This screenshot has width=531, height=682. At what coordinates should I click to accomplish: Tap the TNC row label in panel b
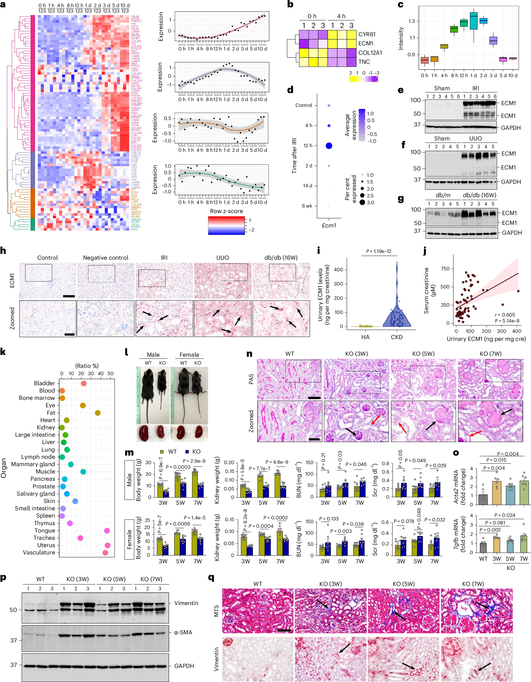coord(364,62)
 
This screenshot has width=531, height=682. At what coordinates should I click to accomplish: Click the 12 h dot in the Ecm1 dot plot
coord(328,146)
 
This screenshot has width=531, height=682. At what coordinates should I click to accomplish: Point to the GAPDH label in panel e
coord(510,128)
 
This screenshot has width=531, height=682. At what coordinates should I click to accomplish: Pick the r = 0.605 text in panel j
coord(505,315)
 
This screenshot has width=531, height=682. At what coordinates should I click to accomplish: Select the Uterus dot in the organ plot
coord(107,545)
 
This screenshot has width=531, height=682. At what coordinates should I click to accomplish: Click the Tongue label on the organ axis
coord(45,530)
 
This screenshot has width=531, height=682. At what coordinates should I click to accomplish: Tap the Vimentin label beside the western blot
coord(186,603)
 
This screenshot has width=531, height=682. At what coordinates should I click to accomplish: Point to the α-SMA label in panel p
coord(183,632)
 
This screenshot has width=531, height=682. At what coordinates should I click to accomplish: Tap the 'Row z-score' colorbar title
coord(226,211)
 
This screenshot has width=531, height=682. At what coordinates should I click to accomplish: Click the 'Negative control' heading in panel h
coord(106,258)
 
